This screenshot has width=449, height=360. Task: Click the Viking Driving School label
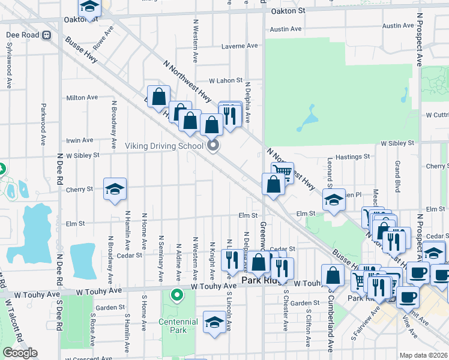coord(164,146)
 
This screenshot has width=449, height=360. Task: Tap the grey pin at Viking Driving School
coord(212,146)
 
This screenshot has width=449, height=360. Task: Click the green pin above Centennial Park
coord(176,295)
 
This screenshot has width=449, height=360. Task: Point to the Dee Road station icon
coord(46,35)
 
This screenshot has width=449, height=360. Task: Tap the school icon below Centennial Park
coord(214,322)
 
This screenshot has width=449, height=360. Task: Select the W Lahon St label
coord(225,80)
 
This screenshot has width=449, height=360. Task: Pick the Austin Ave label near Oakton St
coord(285,29)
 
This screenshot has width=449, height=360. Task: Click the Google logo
coord(20,353)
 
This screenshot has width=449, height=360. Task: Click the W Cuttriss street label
coord(436,115)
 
